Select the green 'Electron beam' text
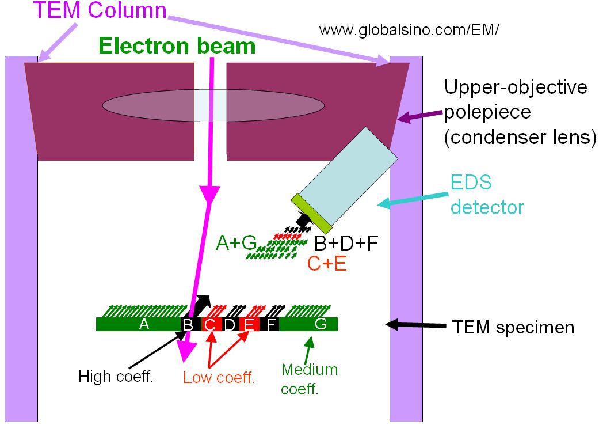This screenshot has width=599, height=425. [x=177, y=46]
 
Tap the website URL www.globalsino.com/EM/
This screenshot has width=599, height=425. [x=409, y=30]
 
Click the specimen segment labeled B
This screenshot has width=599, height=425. [x=188, y=325]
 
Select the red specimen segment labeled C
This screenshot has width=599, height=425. [x=209, y=325]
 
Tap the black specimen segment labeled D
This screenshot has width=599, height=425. [x=230, y=325]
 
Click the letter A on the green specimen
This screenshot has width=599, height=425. [x=144, y=325]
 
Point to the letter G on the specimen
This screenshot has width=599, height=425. [x=321, y=324]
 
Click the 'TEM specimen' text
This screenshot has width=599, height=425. [x=513, y=327]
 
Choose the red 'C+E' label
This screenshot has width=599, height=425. [x=327, y=264]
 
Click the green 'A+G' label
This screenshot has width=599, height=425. [x=236, y=244]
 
